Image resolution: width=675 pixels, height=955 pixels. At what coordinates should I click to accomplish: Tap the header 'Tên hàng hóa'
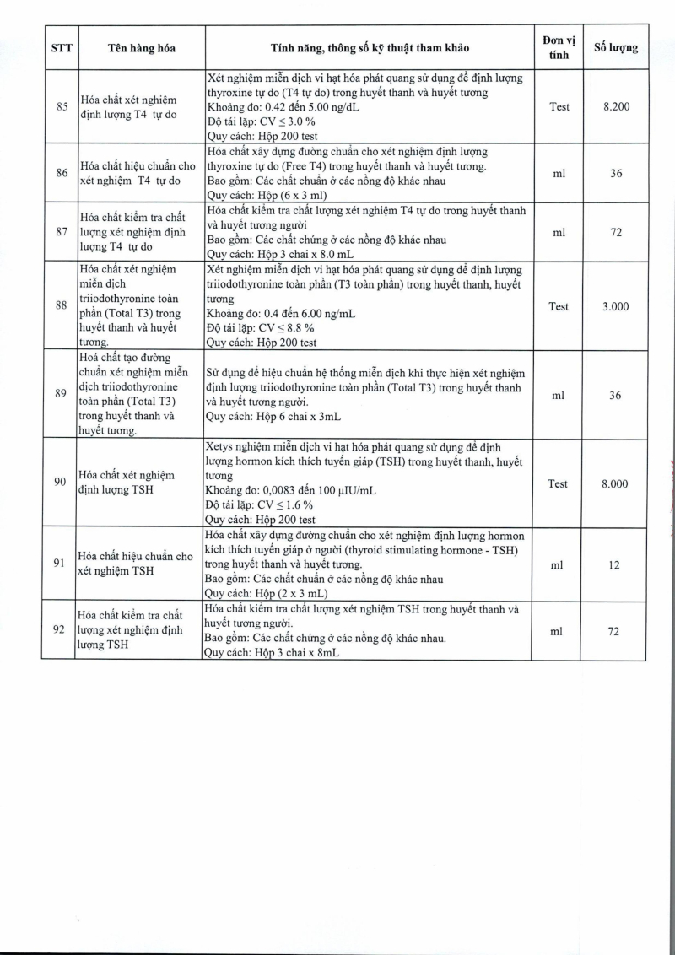point(142,47)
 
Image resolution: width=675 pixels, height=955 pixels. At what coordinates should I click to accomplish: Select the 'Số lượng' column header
point(616,47)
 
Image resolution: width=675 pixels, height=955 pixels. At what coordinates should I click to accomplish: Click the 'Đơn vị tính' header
point(559,47)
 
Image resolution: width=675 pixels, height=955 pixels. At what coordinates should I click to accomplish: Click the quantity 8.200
point(616,107)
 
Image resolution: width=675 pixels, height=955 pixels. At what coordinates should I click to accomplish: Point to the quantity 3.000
point(616,307)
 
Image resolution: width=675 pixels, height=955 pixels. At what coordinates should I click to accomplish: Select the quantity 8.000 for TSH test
point(616,483)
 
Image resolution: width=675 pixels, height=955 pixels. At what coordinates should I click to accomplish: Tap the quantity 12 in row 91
point(616,565)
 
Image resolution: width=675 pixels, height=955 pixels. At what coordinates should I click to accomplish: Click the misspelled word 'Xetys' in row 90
point(222,447)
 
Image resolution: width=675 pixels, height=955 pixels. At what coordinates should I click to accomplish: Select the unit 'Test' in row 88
point(559,307)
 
